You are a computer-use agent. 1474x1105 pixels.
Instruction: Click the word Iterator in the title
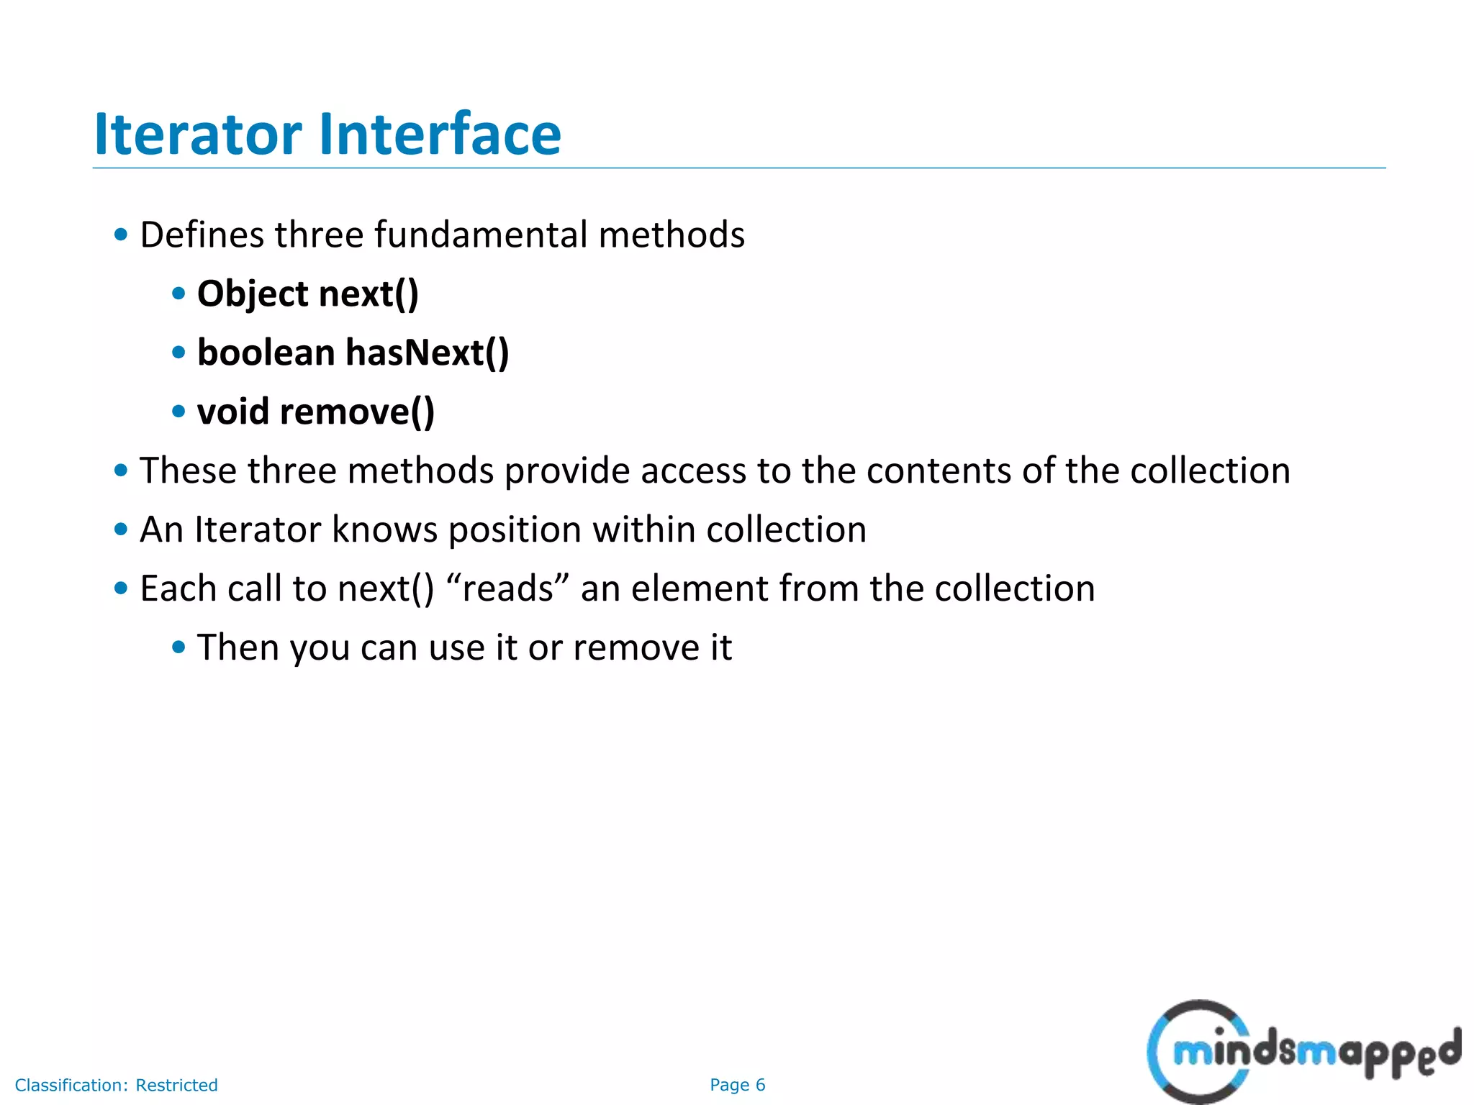(198, 135)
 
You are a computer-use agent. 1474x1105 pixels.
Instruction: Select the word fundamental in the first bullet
(481, 235)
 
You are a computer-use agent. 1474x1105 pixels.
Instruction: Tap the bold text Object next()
(307, 294)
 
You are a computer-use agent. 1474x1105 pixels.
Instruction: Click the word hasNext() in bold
(427, 353)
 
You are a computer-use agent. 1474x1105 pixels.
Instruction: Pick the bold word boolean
(266, 353)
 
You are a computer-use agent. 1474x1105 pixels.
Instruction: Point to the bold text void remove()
(315, 412)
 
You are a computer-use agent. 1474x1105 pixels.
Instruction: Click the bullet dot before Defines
(121, 235)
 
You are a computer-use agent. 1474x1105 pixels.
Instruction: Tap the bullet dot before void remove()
(178, 411)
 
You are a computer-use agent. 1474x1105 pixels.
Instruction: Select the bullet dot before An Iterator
(121, 529)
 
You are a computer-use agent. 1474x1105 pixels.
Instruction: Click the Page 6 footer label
(737, 1085)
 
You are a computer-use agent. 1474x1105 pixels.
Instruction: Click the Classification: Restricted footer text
(116, 1085)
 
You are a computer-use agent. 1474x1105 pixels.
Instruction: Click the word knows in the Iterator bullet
(384, 530)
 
